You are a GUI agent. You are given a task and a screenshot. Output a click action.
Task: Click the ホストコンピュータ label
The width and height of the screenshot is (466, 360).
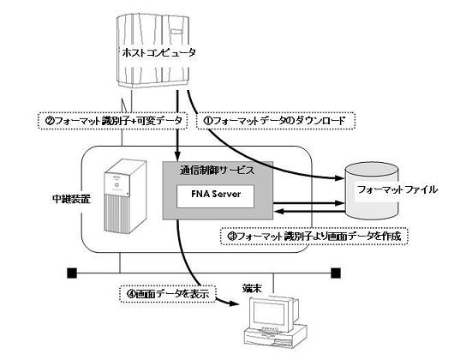pyautogui.click(x=159, y=53)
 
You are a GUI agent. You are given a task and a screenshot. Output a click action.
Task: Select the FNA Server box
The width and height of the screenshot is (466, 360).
pyautogui.click(x=216, y=196)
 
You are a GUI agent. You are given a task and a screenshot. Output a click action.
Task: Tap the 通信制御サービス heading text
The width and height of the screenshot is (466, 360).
pyautogui.click(x=218, y=171)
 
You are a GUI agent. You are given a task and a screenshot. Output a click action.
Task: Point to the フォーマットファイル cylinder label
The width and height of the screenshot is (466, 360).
pyautogui.click(x=397, y=189)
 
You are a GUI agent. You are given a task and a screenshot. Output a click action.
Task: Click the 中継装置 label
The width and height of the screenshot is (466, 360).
pyautogui.click(x=71, y=199)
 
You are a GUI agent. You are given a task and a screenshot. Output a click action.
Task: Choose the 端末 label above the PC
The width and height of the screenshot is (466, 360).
pyautogui.click(x=252, y=288)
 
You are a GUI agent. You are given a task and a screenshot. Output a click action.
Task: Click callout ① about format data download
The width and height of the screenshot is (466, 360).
pyautogui.click(x=276, y=121)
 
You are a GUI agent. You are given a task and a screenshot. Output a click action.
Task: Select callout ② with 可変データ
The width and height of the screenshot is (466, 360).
pyautogui.click(x=113, y=121)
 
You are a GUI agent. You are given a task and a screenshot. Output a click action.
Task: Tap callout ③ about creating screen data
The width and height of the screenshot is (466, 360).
pyautogui.click(x=314, y=237)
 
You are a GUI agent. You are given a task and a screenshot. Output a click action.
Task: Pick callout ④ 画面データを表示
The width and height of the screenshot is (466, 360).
pyautogui.click(x=168, y=294)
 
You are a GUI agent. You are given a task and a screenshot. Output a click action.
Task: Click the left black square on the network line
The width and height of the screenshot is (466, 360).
pyautogui.click(x=72, y=273)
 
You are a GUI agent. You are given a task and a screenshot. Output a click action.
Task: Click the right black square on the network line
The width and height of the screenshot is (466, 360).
pyautogui.click(x=336, y=273)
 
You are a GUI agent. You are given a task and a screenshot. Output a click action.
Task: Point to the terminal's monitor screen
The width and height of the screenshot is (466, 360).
pyautogui.click(x=269, y=314)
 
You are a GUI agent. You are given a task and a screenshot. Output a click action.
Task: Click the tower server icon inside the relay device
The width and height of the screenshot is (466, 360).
pyautogui.click(x=125, y=196)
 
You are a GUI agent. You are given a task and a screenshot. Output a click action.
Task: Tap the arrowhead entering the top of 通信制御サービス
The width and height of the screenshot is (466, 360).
pyautogui.click(x=177, y=156)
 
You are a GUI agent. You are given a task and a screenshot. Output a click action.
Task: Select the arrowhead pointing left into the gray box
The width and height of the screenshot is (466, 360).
pyautogui.click(x=278, y=212)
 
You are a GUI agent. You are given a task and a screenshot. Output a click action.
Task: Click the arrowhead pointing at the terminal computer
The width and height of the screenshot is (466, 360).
pyautogui.click(x=234, y=303)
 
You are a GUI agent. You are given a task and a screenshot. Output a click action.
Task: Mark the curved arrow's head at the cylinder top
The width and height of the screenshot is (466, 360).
pyautogui.click(x=339, y=178)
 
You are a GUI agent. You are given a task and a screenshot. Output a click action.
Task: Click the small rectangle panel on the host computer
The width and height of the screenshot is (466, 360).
pyautogui.click(x=176, y=31)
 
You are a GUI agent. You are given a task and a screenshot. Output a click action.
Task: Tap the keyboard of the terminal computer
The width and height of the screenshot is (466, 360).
pyautogui.click(x=269, y=331)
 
